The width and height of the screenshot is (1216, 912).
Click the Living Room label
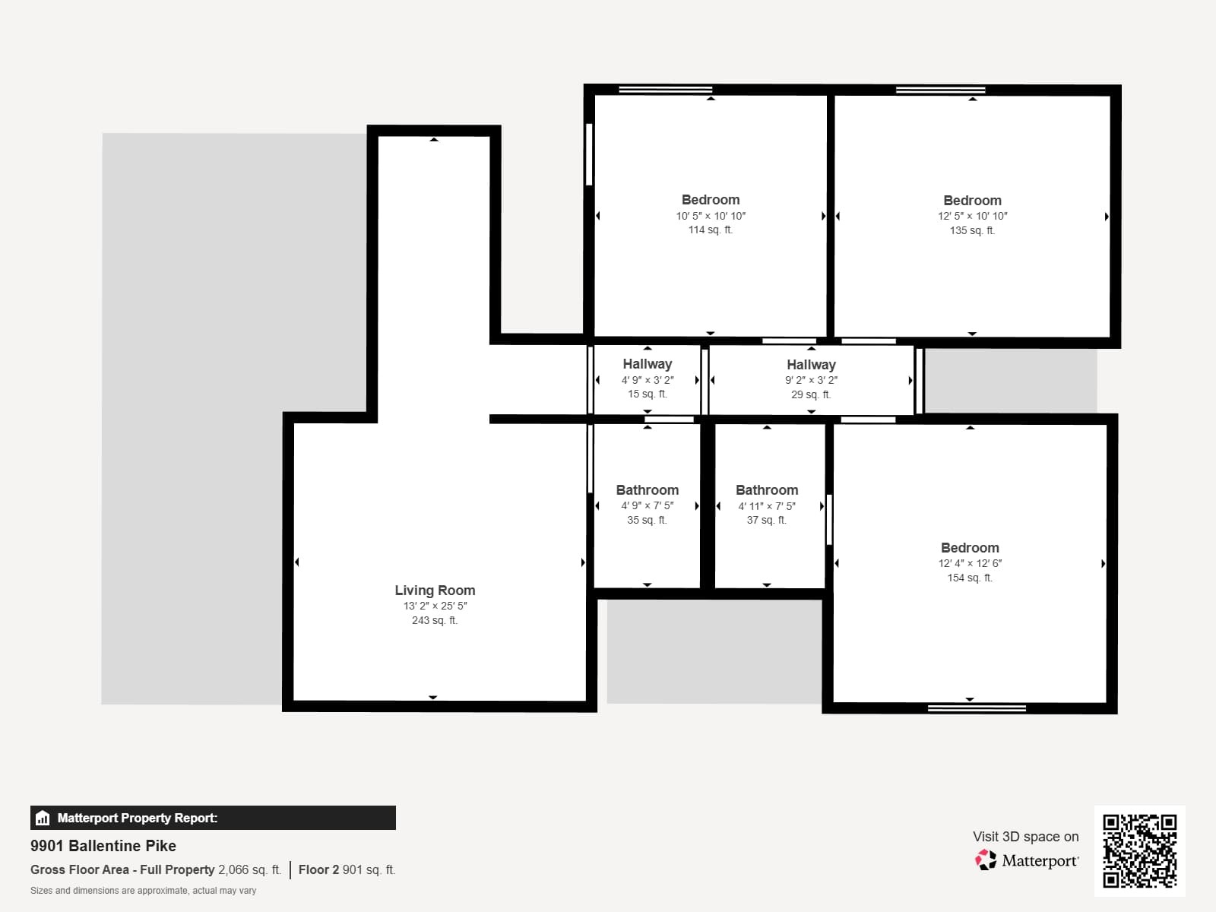(x=435, y=591)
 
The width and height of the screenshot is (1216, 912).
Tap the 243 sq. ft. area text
(x=435, y=620)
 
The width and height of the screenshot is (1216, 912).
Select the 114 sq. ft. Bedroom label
(x=711, y=200)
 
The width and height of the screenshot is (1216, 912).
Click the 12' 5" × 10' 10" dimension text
(x=972, y=216)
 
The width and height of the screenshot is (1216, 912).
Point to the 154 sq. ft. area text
(x=970, y=578)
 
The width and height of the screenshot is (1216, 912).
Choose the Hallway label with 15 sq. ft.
(x=648, y=364)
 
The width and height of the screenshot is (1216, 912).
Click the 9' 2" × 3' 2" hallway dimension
(x=811, y=380)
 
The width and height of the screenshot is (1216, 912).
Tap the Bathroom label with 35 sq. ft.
(x=648, y=490)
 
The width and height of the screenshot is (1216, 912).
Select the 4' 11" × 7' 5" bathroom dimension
(x=767, y=506)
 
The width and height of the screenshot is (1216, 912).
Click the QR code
(x=1139, y=850)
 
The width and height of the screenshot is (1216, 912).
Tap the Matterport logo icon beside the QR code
(x=986, y=860)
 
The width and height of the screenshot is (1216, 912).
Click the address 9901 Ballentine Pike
(x=103, y=846)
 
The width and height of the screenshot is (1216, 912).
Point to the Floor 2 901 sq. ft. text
(x=347, y=869)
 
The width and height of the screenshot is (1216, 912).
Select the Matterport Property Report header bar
(x=213, y=818)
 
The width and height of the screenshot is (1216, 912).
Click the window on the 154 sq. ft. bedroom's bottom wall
(x=977, y=708)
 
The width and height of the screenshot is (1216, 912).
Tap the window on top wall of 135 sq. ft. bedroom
(x=940, y=90)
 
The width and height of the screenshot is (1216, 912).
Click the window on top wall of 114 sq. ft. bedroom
(x=665, y=90)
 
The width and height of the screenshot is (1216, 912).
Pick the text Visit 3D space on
(x=1025, y=836)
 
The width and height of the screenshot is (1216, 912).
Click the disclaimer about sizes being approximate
(x=143, y=891)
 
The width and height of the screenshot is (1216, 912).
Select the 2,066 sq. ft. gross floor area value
(x=249, y=869)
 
